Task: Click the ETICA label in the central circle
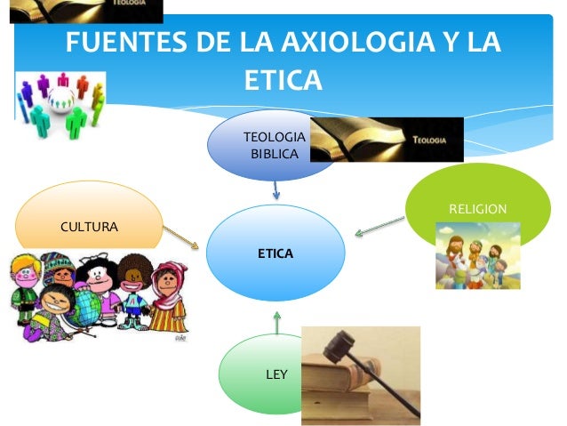pos(276,254)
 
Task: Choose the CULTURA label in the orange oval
pos(89,228)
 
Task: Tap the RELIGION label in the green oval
pos(478,208)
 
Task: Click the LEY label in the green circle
pos(277,374)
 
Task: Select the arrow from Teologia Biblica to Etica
pos(276,189)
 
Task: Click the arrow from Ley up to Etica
pos(277,323)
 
